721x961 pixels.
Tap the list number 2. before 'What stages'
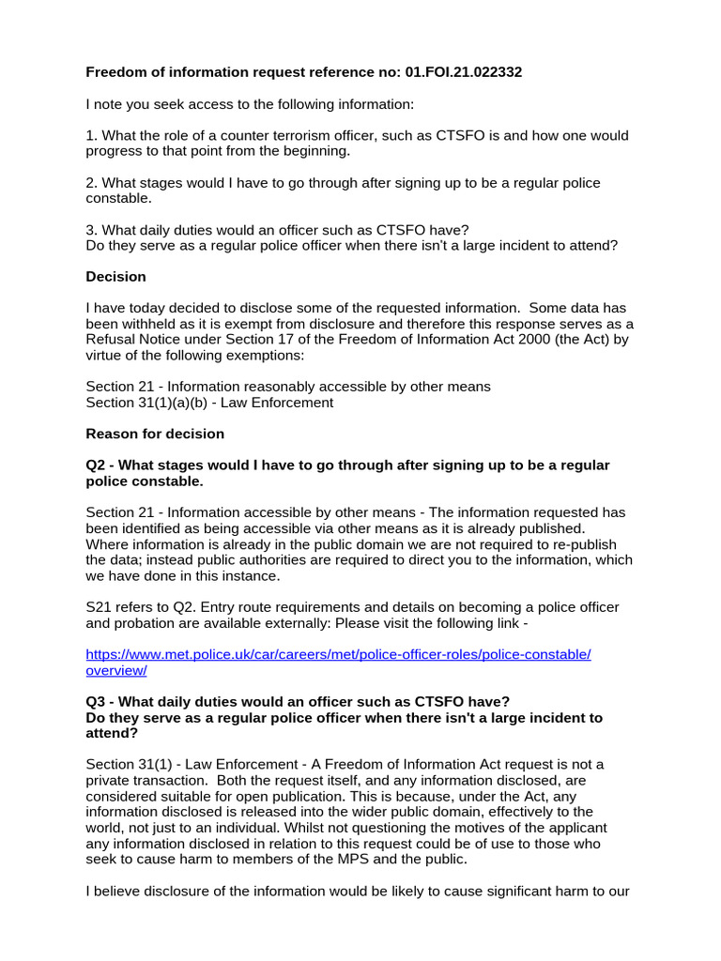tap(91, 183)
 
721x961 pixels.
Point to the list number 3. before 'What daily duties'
tap(91, 230)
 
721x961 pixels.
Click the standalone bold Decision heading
tap(115, 277)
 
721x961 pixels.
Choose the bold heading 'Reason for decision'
tap(155, 434)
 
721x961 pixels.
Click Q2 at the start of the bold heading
tap(97, 465)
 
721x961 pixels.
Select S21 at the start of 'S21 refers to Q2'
tap(99, 607)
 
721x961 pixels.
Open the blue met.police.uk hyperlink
tap(338, 654)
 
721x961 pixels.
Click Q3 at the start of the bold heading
tap(97, 702)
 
